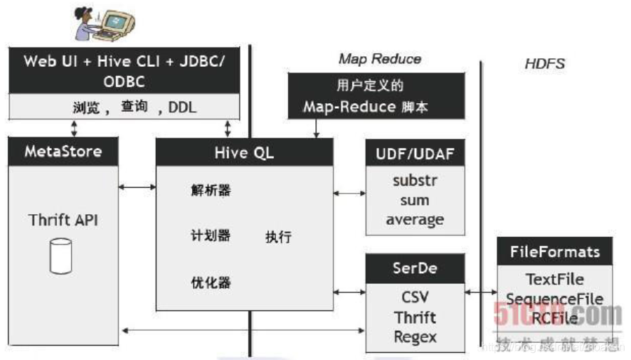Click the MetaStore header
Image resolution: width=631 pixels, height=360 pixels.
click(63, 152)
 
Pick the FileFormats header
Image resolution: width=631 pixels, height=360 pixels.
click(555, 252)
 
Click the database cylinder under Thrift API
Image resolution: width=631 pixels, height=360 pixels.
click(61, 256)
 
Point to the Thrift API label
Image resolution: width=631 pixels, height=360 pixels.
click(63, 219)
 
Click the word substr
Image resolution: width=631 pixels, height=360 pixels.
click(415, 181)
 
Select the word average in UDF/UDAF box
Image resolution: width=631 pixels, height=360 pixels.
click(415, 220)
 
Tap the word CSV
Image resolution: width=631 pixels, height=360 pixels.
click(415, 297)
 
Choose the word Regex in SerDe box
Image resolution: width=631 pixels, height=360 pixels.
click(415, 337)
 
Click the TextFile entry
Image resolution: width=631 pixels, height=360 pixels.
click(555, 279)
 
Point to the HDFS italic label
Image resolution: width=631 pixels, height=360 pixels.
click(544, 64)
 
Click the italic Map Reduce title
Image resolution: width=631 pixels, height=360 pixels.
click(379, 59)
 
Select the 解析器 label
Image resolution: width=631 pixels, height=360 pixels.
click(211, 190)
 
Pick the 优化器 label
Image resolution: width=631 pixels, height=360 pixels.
click(211, 282)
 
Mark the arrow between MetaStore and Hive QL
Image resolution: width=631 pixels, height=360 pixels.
click(137, 187)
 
